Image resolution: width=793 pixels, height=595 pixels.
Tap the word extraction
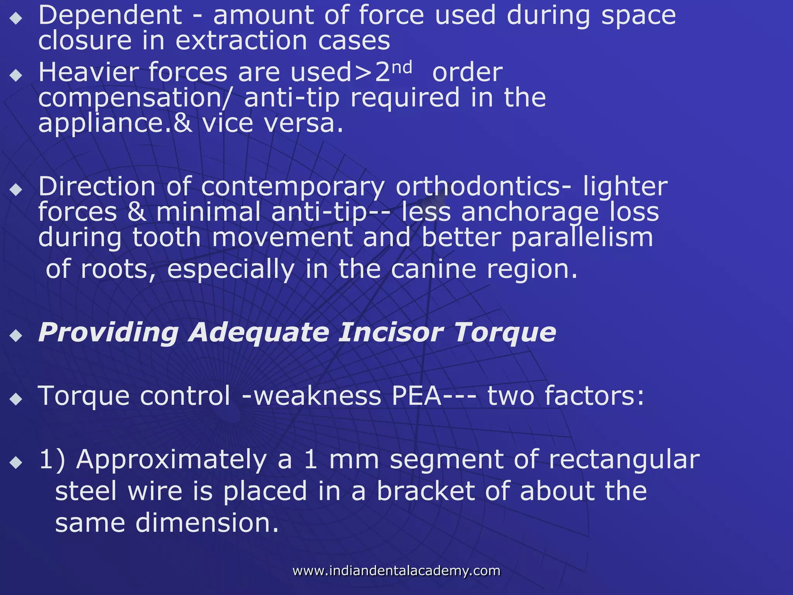point(241,41)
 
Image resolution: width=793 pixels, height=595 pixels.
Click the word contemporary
point(293,187)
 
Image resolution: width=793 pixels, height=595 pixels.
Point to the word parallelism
point(582,237)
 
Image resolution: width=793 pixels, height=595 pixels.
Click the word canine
point(433,269)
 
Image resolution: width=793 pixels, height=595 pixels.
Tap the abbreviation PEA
point(417,396)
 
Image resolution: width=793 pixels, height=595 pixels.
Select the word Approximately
point(172,460)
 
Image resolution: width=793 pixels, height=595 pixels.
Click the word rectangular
point(624,460)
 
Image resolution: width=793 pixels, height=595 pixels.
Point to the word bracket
point(426,491)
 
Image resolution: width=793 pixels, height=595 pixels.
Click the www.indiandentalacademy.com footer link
point(396,571)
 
